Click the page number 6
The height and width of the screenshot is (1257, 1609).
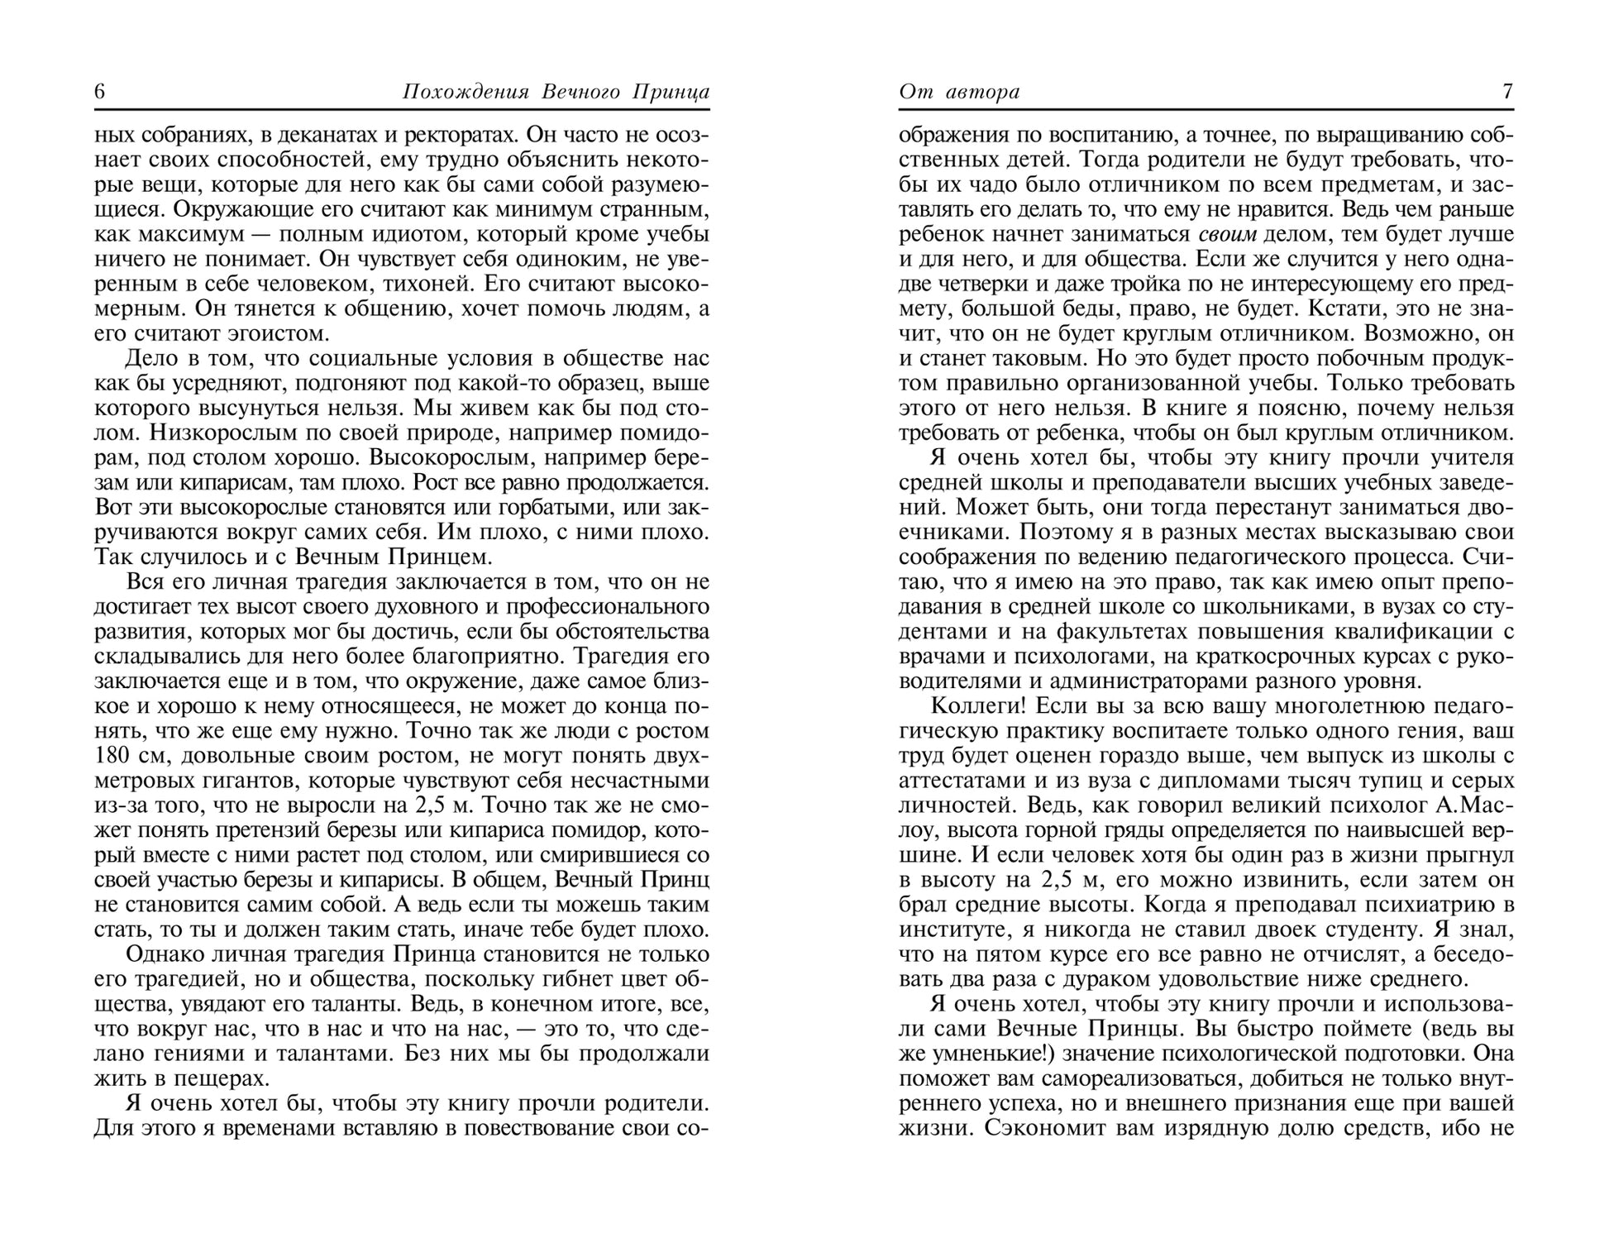click(100, 91)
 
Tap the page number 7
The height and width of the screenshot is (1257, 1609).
click(1507, 91)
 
